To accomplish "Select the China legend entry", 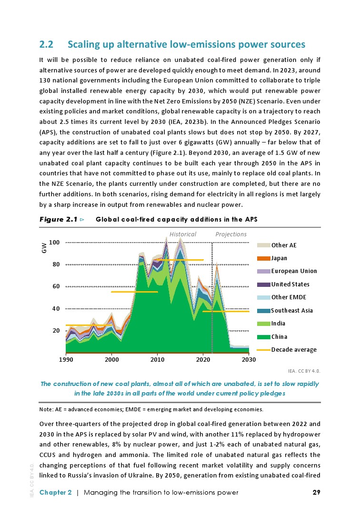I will coord(279,336).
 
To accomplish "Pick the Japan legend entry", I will coord(279,258).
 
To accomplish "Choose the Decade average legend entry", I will coord(293,350).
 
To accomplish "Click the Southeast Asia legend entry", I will coord(291,311).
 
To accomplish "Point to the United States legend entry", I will coord(290,284).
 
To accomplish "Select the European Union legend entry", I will coord(293,271).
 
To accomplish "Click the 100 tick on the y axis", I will coord(54,243).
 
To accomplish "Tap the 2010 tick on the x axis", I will coord(157,360).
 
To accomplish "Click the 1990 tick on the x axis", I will coord(66,360).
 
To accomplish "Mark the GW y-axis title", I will coord(44,249).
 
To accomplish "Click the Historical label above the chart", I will coord(183,234).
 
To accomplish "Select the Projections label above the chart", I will coord(231,234).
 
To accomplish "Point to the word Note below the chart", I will coord(47,409).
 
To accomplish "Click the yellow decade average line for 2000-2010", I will coord(134,292).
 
